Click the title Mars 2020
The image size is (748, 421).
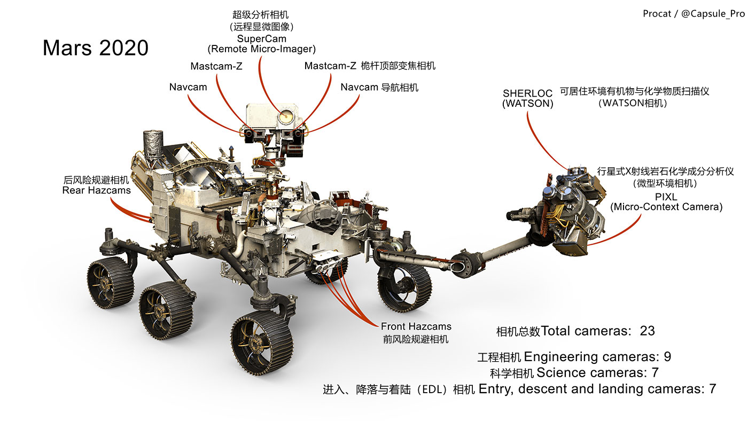pyautogui.click(x=95, y=48)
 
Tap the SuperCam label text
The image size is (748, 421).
pyautogui.click(x=261, y=38)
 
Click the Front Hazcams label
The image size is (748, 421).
pyautogui.click(x=416, y=326)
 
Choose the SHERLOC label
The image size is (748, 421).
pyautogui.click(x=527, y=93)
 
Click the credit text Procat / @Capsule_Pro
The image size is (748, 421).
pyautogui.click(x=693, y=14)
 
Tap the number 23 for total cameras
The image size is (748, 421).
pyautogui.click(x=647, y=331)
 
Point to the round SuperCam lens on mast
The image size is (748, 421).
pyautogui.click(x=284, y=114)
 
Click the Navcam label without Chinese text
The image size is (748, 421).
pyautogui.click(x=188, y=87)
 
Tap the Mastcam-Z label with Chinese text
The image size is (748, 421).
pyautogui.click(x=370, y=66)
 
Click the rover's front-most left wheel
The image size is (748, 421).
pyautogui.click(x=258, y=342)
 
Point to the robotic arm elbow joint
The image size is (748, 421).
pyautogui.click(x=462, y=264)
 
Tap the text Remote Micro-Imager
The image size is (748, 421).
pyautogui.click(x=261, y=49)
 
